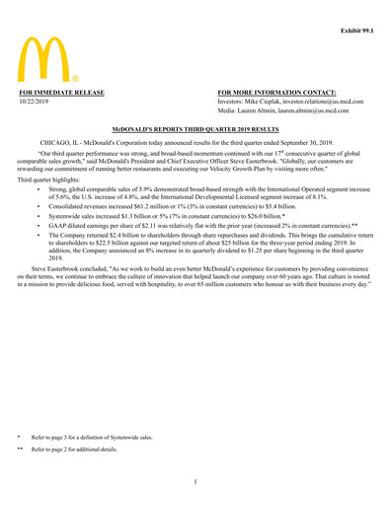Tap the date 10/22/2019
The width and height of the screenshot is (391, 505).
point(35,102)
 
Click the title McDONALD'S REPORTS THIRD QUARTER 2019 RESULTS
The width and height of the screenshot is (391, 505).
point(195,129)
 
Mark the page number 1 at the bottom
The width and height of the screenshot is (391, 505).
point(195,481)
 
